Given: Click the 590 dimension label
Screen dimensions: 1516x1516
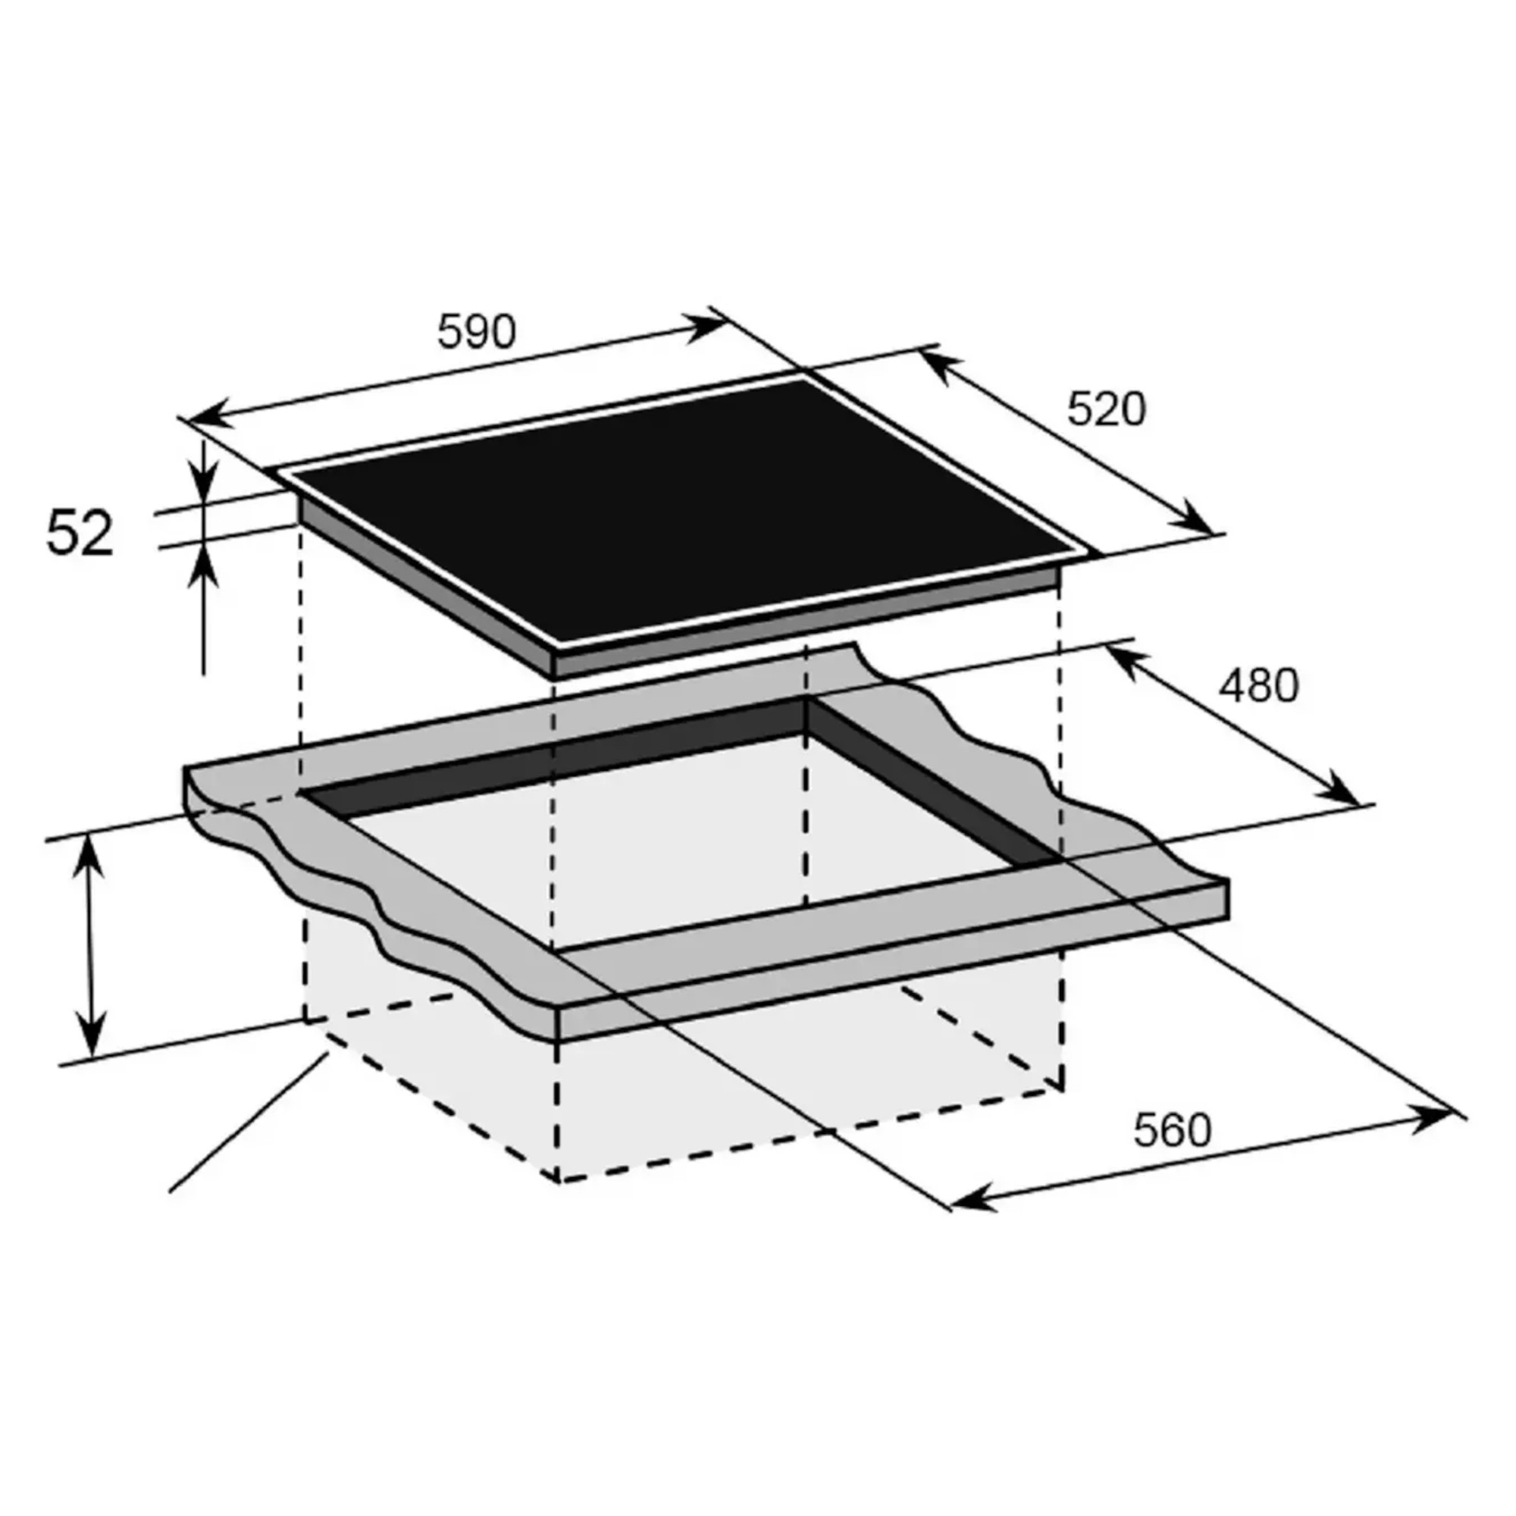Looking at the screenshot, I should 476,331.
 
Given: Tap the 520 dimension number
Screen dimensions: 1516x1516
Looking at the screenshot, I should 1106,409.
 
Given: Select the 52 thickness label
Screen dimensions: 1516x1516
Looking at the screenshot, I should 80,534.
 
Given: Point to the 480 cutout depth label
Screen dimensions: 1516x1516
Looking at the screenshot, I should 1258,685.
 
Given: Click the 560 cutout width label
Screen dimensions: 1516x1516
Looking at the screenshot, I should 1173,1131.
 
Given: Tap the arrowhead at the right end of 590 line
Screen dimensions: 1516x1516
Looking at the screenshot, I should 711,326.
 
